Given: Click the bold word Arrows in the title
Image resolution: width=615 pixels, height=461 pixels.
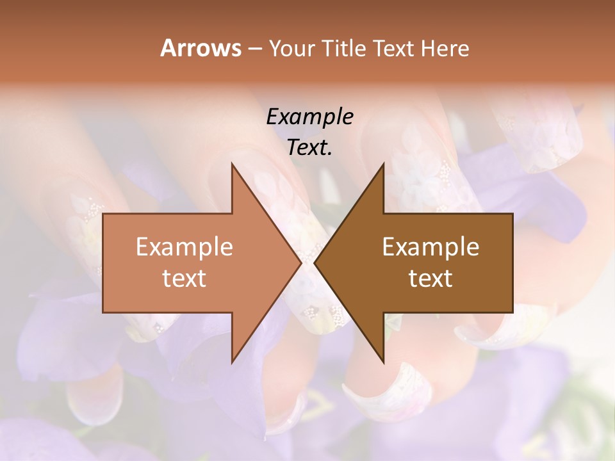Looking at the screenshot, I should [201, 48].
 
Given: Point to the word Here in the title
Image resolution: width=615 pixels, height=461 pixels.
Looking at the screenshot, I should [445, 48].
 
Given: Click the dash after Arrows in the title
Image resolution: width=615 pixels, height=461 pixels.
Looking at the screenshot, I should [254, 49].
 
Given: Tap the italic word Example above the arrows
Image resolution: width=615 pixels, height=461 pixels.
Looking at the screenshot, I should [309, 117].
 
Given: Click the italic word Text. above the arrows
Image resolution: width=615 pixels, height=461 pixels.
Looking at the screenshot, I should [309, 147].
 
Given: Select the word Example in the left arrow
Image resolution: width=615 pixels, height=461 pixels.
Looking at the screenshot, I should [184, 247].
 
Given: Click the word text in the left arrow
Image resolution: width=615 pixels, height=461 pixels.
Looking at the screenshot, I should [184, 279].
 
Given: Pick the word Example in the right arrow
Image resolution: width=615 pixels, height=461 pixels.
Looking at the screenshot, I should [430, 247].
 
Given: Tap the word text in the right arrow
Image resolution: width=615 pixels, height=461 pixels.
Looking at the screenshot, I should [430, 279].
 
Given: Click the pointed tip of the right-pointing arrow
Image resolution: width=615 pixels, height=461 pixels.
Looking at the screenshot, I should [301, 263].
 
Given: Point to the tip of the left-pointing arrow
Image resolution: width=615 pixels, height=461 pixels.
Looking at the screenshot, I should [314, 263].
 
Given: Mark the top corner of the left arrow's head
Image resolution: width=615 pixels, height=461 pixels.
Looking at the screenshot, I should [232, 163].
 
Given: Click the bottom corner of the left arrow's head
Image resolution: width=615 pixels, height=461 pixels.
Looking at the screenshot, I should [232, 362].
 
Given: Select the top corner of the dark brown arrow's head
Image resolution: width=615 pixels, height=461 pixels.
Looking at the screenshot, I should [383, 163].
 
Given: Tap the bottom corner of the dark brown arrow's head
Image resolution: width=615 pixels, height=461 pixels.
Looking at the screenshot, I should [383, 362].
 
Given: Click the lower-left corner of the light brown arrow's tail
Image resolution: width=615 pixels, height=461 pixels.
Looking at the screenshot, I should [103, 312].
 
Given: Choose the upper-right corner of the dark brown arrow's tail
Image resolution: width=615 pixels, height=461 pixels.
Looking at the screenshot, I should [512, 214].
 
